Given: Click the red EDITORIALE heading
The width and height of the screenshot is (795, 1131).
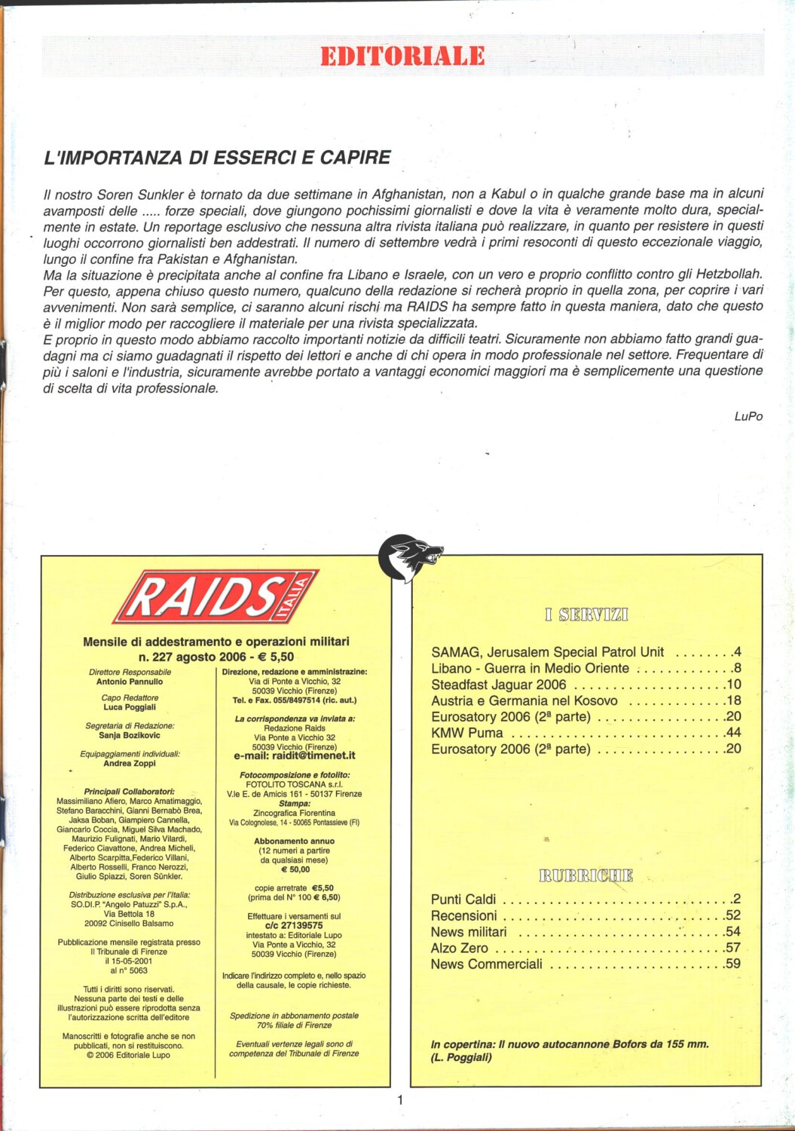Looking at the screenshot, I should pos(402,56).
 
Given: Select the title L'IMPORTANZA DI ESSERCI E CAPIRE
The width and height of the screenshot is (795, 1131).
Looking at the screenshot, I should pos(217,158).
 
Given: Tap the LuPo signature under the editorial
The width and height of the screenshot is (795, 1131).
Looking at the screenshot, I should pos(748,416).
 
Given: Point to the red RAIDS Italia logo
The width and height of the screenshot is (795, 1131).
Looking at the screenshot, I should pos(216,596).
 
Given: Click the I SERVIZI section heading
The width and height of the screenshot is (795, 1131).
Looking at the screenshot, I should pos(586,615).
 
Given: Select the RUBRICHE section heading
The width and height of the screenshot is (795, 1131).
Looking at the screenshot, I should pos(586,875).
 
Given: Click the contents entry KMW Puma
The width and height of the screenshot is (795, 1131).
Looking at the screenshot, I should pos(466,733).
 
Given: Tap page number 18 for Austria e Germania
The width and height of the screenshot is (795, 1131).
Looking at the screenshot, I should pos(733,700).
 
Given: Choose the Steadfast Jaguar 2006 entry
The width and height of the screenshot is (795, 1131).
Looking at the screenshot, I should pos(498,685).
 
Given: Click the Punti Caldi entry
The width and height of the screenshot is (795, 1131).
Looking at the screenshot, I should pos(463,899).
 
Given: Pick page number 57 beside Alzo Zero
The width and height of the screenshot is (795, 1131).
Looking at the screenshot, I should pos(732,948).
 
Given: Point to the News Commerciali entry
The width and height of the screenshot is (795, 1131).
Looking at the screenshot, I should pos(486,964).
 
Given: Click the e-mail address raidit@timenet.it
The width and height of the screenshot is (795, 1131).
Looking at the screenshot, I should pos(295,756).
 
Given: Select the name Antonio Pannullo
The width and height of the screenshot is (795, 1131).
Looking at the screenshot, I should pos(130,682).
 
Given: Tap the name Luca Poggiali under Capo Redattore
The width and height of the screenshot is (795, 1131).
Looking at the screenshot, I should pos(130,707).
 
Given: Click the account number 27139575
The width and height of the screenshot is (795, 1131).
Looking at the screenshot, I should pos(294,925).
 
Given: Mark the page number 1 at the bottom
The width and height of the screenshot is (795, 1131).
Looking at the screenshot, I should pos(400,1099).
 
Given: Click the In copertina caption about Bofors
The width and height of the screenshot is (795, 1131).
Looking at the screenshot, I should pos(570,1050).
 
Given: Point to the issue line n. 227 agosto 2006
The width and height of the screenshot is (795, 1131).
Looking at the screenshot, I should pos(216,657).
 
